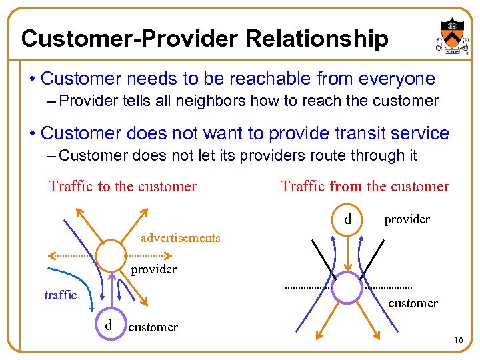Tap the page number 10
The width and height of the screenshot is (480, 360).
[458, 341]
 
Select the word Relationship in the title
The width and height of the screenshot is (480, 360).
[317, 39]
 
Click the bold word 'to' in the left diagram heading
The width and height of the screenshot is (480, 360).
[104, 186]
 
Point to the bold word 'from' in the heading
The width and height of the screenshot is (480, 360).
[345, 186]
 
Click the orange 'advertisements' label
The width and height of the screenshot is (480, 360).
[180, 238]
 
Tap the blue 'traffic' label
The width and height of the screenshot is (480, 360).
[61, 295]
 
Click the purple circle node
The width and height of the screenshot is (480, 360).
[346, 287]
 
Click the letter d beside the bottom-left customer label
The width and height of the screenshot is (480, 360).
[108, 325]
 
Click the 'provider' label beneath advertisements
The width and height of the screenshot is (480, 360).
[153, 269]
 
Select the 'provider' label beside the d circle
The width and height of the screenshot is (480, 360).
[407, 219]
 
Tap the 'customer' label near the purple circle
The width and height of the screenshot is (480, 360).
[413, 303]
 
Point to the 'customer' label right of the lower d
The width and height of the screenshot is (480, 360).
[153, 327]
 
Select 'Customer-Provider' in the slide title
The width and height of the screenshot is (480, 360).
[129, 39]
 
